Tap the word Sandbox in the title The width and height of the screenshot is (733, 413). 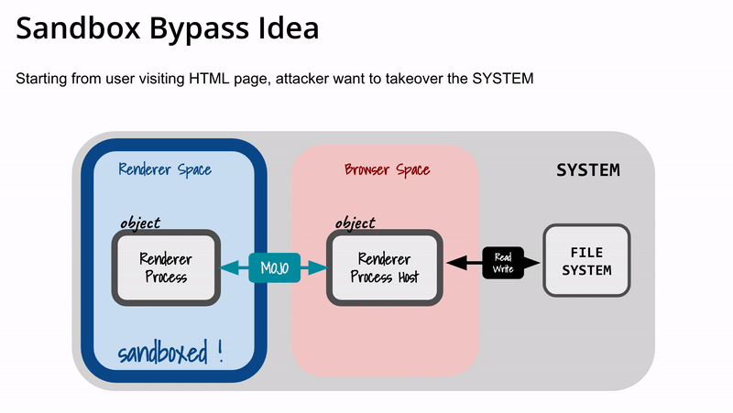pos(78,27)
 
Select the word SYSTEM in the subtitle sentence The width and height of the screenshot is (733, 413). pos(502,79)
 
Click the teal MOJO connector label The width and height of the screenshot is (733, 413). pos(274,267)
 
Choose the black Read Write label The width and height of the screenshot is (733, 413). pos(503,263)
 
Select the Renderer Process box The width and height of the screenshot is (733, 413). pos(166,267)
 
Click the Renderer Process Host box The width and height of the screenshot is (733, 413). pos(384,267)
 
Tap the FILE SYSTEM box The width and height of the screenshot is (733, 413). pos(586,261)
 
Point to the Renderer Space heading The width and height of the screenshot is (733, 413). pos(165,169)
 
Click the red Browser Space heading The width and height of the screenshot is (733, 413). pos(387,169)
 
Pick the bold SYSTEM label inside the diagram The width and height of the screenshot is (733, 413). pos(588,170)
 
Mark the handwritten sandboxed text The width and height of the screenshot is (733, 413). pos(163,353)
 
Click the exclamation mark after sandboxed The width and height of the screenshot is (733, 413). pos(220,352)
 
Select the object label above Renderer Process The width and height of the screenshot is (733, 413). pos(140,223)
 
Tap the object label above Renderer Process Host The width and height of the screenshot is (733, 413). pos(356,223)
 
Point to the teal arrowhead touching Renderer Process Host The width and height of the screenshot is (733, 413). pos(318,267)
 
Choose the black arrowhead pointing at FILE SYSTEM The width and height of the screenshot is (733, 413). pos(531,263)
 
